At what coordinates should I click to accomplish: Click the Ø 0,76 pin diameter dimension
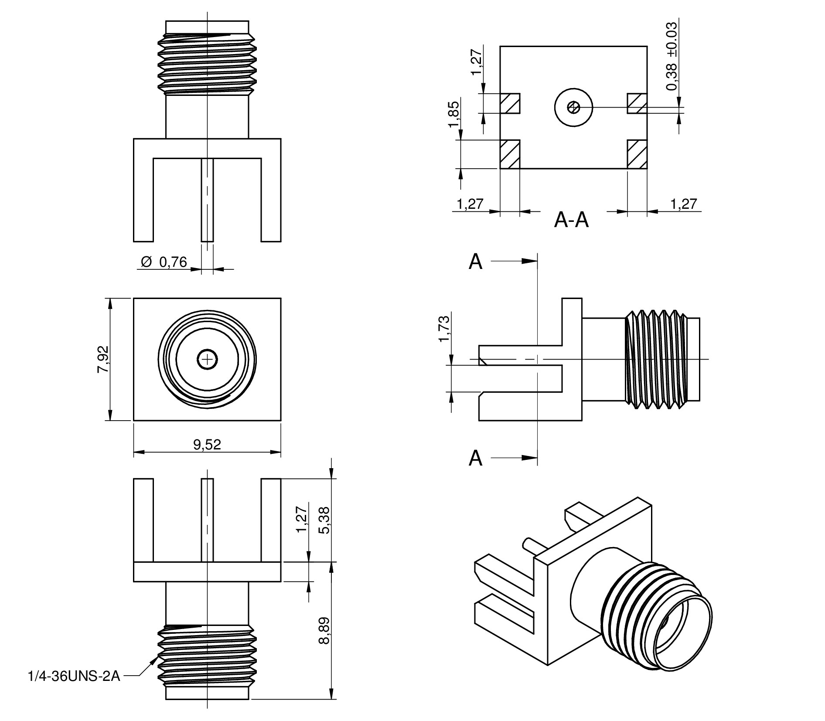click(164, 262)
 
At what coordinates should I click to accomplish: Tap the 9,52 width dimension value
click(207, 444)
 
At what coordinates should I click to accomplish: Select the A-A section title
click(571, 221)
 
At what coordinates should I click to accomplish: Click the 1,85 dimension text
click(453, 114)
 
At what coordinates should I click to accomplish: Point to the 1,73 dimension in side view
click(444, 329)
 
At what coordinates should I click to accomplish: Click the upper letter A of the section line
click(476, 262)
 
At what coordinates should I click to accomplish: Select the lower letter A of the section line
click(476, 458)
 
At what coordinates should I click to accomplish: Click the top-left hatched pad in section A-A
click(510, 103)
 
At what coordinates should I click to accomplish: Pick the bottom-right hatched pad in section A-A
click(637, 154)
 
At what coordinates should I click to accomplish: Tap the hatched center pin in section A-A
click(573, 107)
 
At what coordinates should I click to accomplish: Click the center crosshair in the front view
click(208, 360)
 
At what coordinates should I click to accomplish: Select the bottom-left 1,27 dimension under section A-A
click(470, 204)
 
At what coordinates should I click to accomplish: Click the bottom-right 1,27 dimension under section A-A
click(684, 204)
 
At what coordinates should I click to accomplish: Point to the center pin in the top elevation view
click(207, 200)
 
